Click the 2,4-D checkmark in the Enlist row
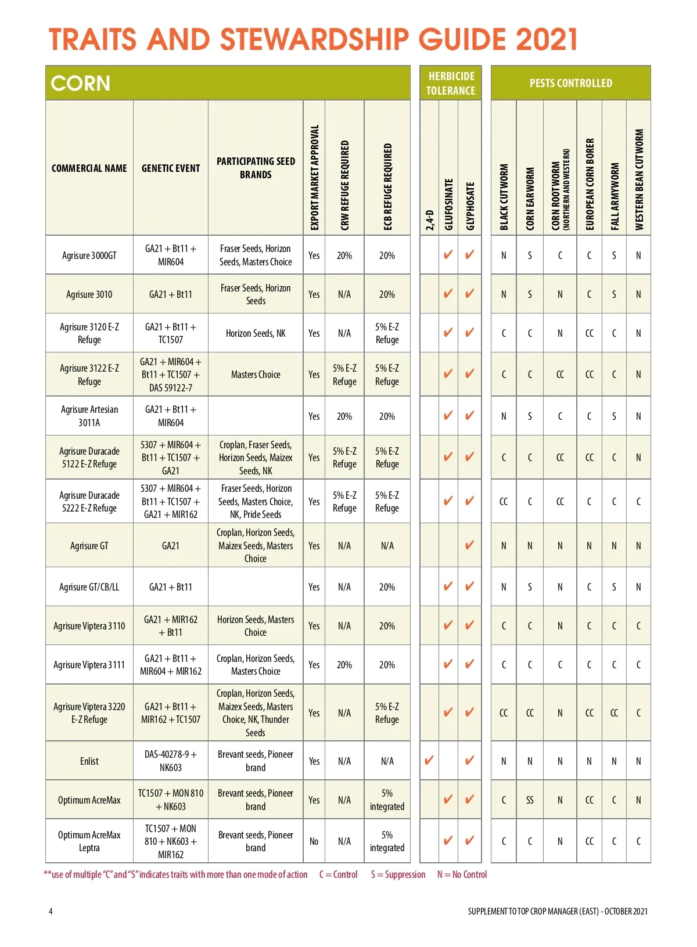[429, 760]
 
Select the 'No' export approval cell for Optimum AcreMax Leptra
[314, 841]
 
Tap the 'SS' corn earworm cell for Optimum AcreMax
[530, 800]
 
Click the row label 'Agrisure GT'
[89, 545]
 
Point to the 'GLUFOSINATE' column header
[448, 204]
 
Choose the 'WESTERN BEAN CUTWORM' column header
[639, 179]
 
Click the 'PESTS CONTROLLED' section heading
[570, 83]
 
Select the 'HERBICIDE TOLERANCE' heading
[451, 83]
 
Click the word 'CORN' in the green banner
[80, 84]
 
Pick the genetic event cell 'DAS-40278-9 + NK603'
[171, 761]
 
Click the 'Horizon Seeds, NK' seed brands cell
[256, 333]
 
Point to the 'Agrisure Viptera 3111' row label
[89, 664]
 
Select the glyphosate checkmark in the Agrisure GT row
[469, 545]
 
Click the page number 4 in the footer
[51, 911]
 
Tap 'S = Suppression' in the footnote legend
[398, 874]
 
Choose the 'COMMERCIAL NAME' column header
[89, 168]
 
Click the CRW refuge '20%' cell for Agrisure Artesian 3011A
[344, 416]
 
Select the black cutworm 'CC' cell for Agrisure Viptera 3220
[504, 712]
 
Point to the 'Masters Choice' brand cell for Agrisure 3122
[256, 375]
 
